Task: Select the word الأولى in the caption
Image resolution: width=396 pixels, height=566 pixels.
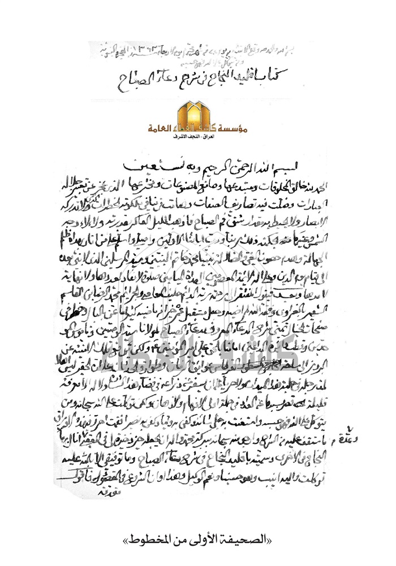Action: (213, 537)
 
